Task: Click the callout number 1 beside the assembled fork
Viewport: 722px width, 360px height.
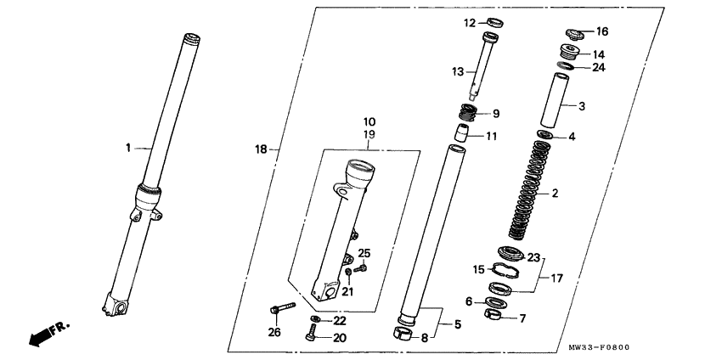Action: [128, 148]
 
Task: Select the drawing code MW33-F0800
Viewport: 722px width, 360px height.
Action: [599, 347]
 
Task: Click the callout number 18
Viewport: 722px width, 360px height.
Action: [261, 149]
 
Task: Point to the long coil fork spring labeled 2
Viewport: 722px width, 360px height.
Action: [529, 190]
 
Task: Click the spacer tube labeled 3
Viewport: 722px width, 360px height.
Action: [555, 100]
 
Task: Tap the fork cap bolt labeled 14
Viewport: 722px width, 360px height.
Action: [570, 51]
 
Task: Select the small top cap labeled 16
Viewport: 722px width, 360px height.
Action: [574, 34]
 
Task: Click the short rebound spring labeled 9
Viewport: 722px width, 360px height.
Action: [468, 113]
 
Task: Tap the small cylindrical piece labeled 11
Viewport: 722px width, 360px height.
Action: [462, 133]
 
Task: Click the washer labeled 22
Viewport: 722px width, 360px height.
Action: [316, 319]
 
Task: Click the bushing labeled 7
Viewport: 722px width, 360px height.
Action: [493, 315]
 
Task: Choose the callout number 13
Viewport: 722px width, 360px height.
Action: [457, 71]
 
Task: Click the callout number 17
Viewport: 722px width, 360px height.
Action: [556, 278]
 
